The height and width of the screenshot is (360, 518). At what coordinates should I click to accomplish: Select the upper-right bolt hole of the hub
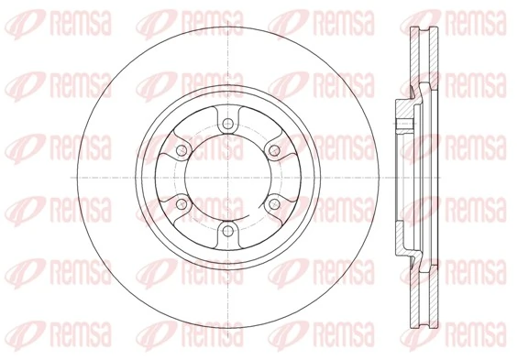[271, 151]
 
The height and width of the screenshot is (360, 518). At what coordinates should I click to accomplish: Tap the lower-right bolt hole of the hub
[271, 203]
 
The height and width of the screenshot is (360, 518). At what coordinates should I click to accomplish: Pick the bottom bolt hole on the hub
[225, 230]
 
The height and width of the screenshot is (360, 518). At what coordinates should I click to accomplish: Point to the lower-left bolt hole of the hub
[180, 203]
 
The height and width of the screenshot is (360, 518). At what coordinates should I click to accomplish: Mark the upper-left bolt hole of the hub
[180, 151]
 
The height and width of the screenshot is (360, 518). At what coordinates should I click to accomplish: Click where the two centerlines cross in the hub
[225, 178]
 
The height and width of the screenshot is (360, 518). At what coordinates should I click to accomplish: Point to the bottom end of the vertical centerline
[225, 348]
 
